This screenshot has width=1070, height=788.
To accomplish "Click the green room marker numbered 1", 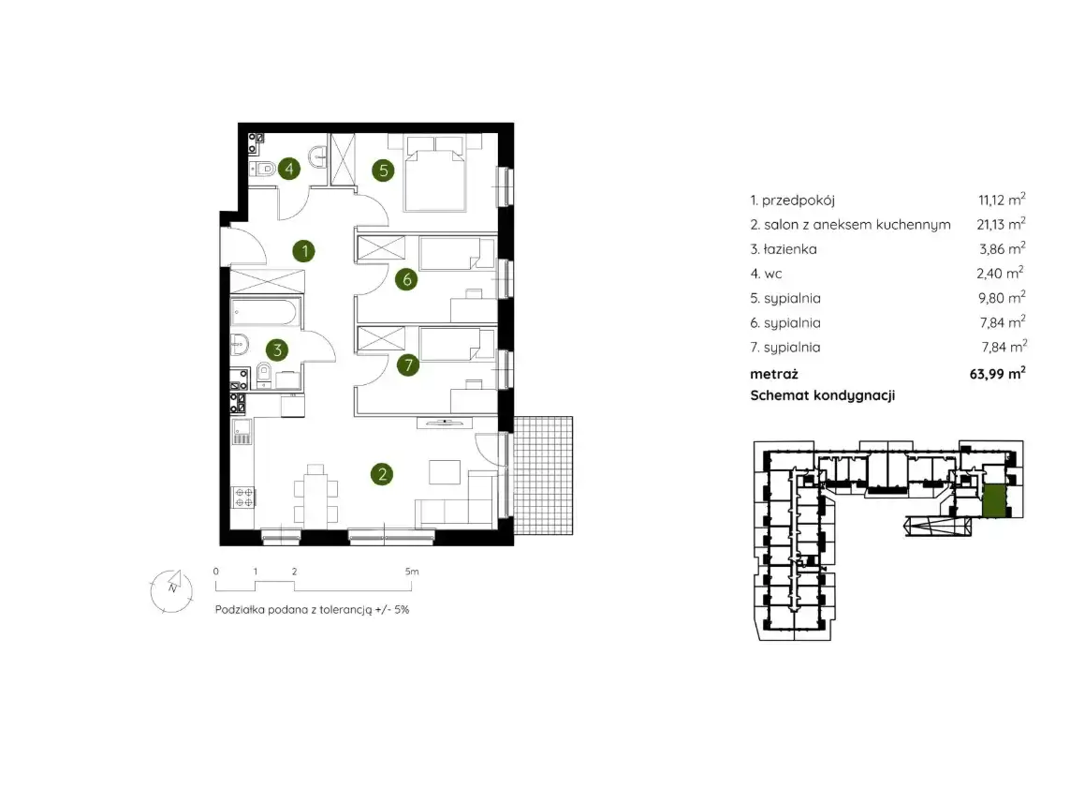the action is tap(304, 251).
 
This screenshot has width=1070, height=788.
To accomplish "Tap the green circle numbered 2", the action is tap(382, 474).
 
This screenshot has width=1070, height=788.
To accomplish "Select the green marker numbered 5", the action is tap(384, 170).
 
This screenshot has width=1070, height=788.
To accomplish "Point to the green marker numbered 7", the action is tap(408, 365).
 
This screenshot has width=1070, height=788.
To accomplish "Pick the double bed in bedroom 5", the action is tap(435, 173).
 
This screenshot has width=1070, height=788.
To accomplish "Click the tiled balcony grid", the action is tap(543, 475).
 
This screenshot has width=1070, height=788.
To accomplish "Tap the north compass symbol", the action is tap(172, 590).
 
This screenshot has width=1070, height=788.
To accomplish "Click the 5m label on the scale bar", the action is tap(412, 572).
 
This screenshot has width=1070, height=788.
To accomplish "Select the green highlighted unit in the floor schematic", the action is tap(993, 499).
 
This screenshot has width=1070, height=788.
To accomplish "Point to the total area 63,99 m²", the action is tap(997, 374).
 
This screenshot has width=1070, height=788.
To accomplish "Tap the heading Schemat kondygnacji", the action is tap(822, 395).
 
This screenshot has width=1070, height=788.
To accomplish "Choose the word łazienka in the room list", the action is tap(790, 249).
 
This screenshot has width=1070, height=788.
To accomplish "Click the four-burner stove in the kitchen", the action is tap(243, 498).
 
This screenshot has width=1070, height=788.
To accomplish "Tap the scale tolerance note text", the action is tap(312, 610).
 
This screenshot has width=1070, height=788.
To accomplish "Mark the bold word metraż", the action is tap(774, 374).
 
